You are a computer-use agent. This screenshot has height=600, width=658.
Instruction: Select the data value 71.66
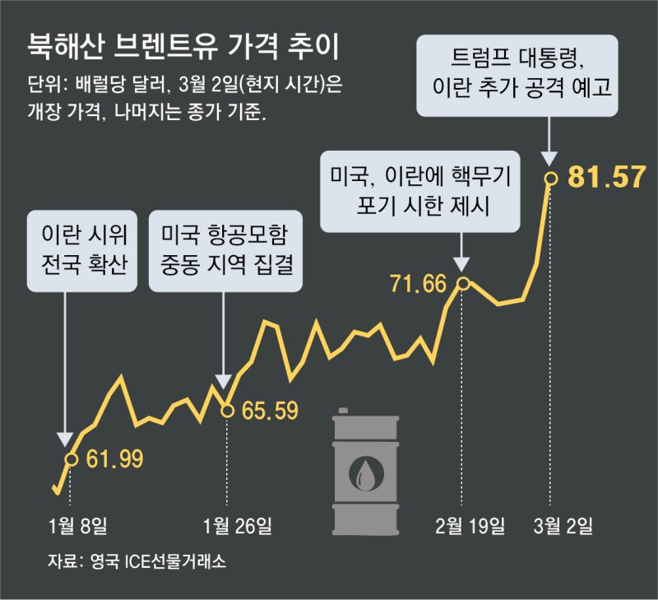pos(418,285)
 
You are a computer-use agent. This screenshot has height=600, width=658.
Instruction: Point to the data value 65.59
pos(270,410)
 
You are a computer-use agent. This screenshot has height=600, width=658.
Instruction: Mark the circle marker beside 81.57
pos(552,177)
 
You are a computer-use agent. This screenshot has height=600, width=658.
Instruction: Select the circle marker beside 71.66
pos(463,284)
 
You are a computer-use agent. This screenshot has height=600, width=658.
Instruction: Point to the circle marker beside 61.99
pos(71,458)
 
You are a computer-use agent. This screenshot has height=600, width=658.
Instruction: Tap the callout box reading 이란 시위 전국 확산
pos(82,249)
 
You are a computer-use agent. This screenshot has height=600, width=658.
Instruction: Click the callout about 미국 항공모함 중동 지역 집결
pos(224,249)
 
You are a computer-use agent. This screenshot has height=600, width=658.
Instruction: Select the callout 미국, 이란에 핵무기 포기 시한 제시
pos(420,192)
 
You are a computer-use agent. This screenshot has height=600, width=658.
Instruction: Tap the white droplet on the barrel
pos(364,472)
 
